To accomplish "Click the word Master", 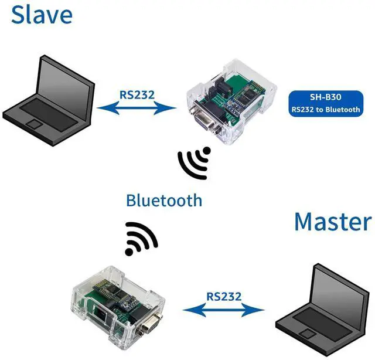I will pyautogui.click(x=332, y=222).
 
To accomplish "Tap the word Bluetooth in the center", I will pyautogui.click(x=164, y=201).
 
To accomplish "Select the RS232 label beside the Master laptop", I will pyautogui.click(x=223, y=297).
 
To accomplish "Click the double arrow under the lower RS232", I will pyautogui.click(x=223, y=311).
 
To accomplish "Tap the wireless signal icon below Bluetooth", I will pyautogui.click(x=141, y=238).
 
